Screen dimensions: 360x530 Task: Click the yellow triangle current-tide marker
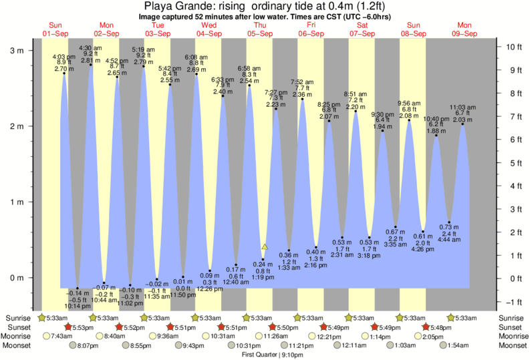tap(265, 246)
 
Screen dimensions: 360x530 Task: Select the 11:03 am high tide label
tap(462, 107)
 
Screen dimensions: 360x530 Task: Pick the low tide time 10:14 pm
tap(78, 305)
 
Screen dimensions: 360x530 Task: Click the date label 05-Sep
tap(260, 33)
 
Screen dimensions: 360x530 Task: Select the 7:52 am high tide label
tap(302, 82)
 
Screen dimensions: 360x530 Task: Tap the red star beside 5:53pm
tap(68, 327)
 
